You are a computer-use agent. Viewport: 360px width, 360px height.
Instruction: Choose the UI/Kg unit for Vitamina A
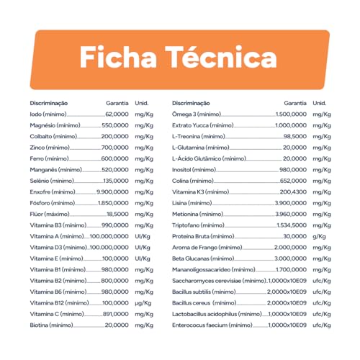coord(143,236)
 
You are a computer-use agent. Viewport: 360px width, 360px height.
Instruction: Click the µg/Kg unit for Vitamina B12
coord(144,303)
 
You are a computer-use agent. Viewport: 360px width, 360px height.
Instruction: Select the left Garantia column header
coord(117,103)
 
